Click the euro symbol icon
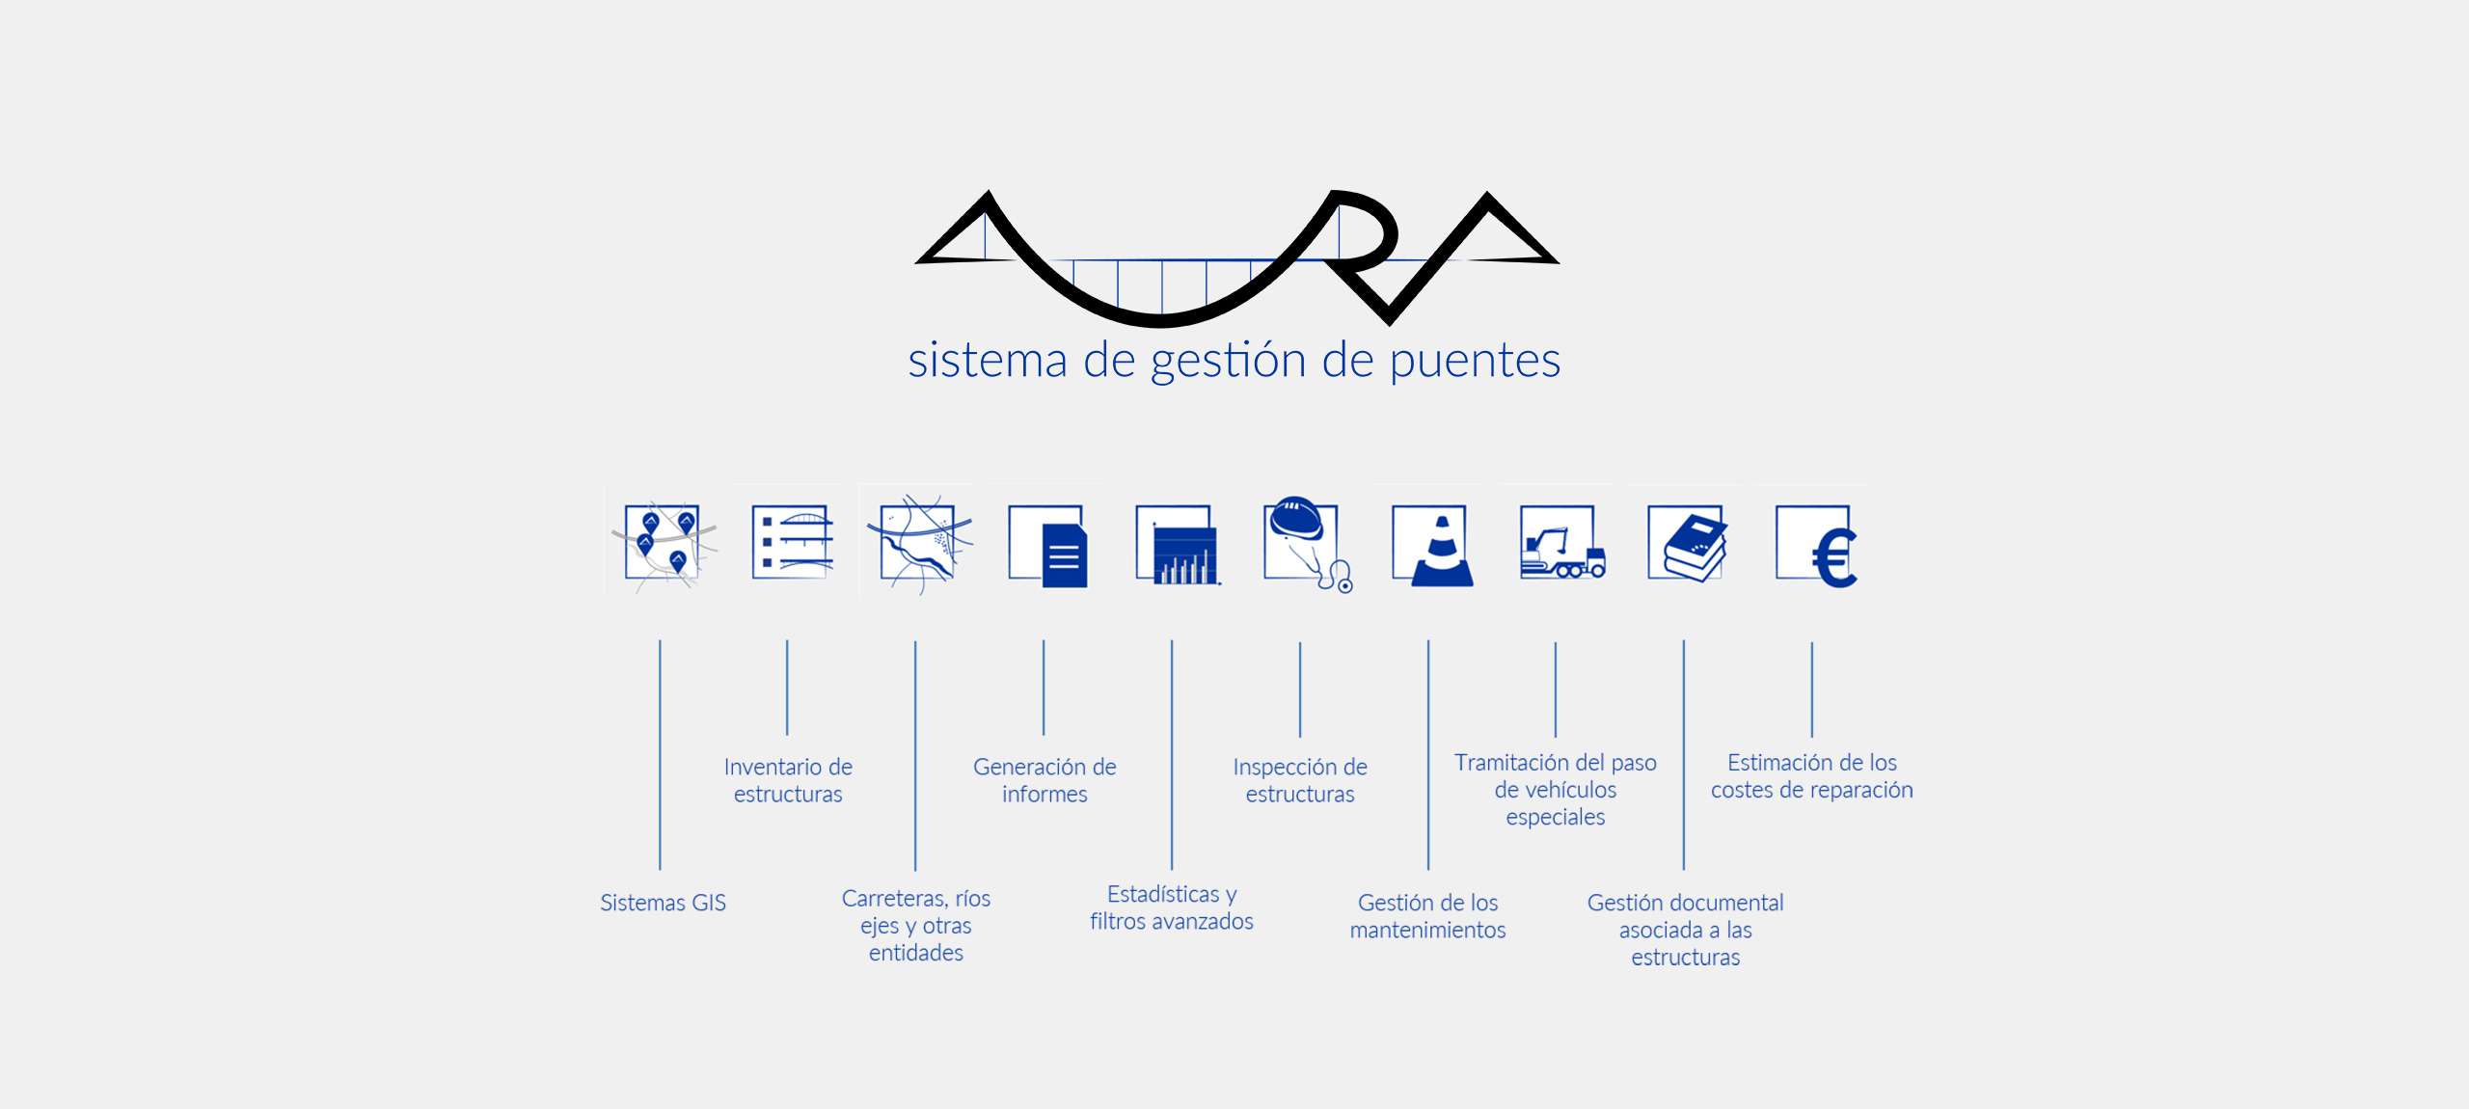pos(1817,546)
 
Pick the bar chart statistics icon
pos(1178,546)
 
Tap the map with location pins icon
pos(664,544)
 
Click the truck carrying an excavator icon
pos(1561,546)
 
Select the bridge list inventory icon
pos(792,543)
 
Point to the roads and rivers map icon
pos(919,544)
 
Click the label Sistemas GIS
pos(663,903)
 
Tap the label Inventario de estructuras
pos(788,780)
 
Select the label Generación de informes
pos(1045,780)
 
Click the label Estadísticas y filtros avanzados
pos(1172,907)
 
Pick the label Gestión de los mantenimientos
pos(1427,916)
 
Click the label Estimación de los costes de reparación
pos(1811,776)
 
